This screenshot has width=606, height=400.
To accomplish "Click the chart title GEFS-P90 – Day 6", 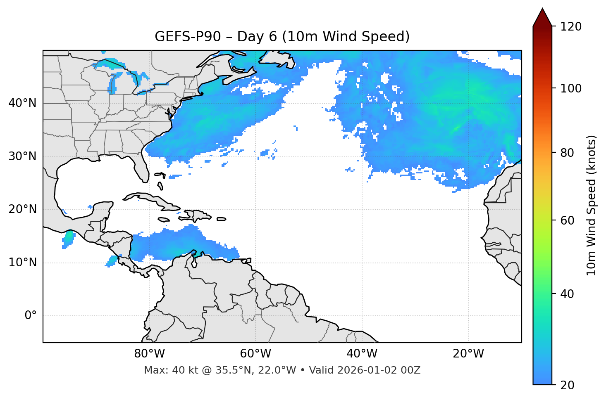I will click(282, 37).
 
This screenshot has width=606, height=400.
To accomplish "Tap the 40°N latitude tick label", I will click(22, 103).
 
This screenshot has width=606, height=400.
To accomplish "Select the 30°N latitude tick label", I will click(22, 156).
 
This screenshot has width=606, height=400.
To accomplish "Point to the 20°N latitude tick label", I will click(22, 209).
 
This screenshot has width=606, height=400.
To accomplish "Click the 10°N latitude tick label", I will click(22, 263).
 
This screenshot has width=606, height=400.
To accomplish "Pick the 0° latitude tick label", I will click(30, 316).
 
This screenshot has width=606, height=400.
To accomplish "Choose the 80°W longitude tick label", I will click(149, 354).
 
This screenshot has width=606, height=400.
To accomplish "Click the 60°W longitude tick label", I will click(255, 354).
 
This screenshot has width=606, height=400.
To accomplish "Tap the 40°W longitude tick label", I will click(362, 354).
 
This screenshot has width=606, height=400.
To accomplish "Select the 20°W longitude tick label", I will click(468, 354).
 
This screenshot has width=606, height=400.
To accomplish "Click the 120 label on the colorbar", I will click(571, 27).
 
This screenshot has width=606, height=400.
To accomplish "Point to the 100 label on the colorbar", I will click(571, 88).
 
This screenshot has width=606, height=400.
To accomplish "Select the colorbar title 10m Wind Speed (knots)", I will click(592, 206).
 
